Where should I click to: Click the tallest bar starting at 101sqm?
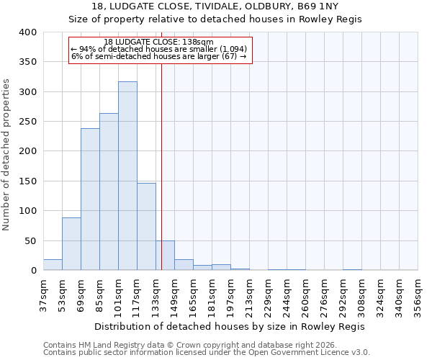pos(127,176)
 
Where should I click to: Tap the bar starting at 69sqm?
pos(90,199)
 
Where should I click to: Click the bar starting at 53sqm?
pos(71,244)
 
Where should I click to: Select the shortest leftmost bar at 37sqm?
pos(53,265)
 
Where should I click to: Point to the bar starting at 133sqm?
pos(165,256)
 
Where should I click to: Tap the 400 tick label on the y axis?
pos(27,32)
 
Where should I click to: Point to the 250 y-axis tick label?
pos(27,122)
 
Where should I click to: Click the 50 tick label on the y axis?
pos(30,240)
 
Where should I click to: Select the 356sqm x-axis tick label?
pos(418,292)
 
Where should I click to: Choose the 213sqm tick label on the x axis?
pos(249,292)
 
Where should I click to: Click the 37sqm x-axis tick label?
pos(43,292)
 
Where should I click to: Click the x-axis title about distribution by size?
pos(230,326)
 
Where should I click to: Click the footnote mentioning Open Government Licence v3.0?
pos(207,353)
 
